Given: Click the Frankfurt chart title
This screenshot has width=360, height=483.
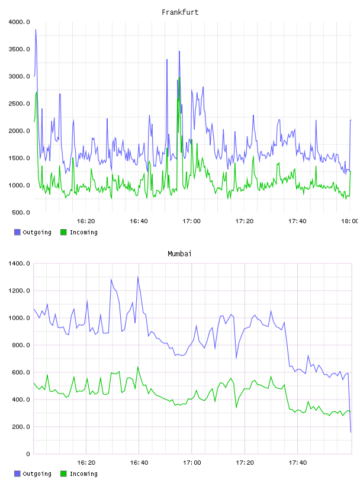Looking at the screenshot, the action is [x=180, y=12].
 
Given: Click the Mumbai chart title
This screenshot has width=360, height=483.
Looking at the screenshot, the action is [x=179, y=254].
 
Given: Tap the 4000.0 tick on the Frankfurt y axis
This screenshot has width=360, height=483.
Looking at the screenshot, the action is [x=19, y=22].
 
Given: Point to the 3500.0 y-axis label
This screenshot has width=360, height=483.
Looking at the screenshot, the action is [x=19, y=49].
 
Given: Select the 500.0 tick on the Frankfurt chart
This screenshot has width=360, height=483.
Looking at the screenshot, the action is [x=21, y=212].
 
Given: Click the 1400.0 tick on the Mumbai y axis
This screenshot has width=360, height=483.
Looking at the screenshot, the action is [x=19, y=263].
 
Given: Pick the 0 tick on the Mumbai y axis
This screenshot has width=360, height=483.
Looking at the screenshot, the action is [x=28, y=454].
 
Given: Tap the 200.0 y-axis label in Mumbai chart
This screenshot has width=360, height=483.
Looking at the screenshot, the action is [x=21, y=427].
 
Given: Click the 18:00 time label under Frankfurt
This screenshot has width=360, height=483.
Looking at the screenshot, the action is [x=349, y=221].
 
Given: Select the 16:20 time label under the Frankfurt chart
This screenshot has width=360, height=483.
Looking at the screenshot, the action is [x=86, y=221].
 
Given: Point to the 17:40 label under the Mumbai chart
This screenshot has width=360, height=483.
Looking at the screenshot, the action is [x=298, y=463].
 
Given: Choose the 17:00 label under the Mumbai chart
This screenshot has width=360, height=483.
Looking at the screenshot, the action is [x=192, y=463].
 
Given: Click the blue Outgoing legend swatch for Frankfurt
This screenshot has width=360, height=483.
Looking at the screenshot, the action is [x=17, y=232].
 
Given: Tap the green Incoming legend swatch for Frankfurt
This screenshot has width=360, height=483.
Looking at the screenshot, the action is [x=63, y=232].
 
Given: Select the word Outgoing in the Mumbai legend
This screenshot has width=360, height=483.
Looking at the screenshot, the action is [x=37, y=474].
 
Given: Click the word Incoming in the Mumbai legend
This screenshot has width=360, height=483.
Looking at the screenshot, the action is [x=83, y=474].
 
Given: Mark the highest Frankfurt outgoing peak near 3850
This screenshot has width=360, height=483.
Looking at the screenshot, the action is [x=36, y=30].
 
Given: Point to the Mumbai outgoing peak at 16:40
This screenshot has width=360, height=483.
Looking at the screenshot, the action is [x=138, y=277].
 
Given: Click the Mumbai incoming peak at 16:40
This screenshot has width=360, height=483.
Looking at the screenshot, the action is [x=138, y=367].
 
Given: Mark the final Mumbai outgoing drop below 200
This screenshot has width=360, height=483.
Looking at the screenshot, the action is [x=351, y=432].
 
